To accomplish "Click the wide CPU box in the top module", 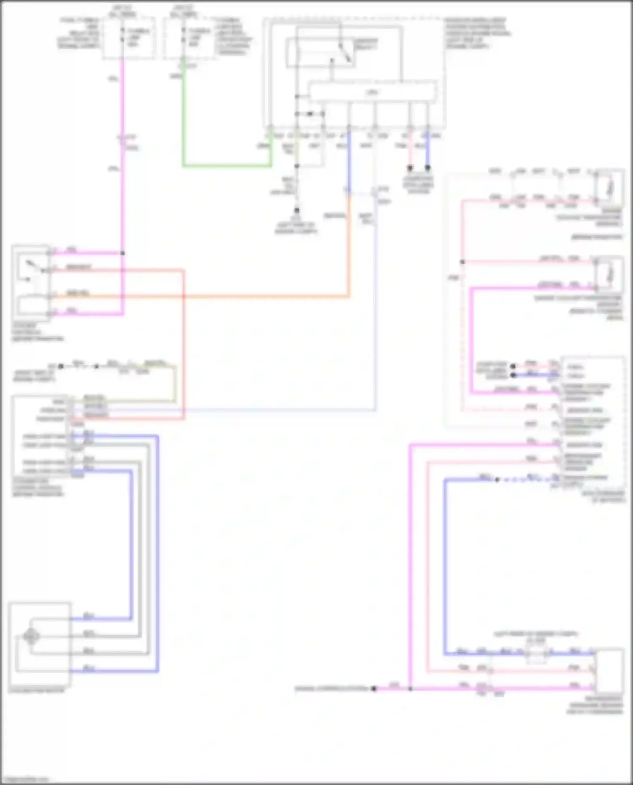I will tap(372, 92).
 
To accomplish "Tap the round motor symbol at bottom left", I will tap(31, 636).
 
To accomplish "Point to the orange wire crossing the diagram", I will tap(253, 297).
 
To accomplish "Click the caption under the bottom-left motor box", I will tap(36, 691).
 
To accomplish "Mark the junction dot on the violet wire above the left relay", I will tap(123, 253).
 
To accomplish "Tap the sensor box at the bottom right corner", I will tap(610, 671).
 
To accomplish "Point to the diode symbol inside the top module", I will tap(310, 114).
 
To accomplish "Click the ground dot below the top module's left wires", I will tap(297, 210).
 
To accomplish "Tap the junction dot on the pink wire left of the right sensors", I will tap(463, 262).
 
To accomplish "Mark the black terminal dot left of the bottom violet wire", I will tap(374, 688).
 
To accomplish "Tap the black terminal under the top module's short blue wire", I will tap(427, 168).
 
